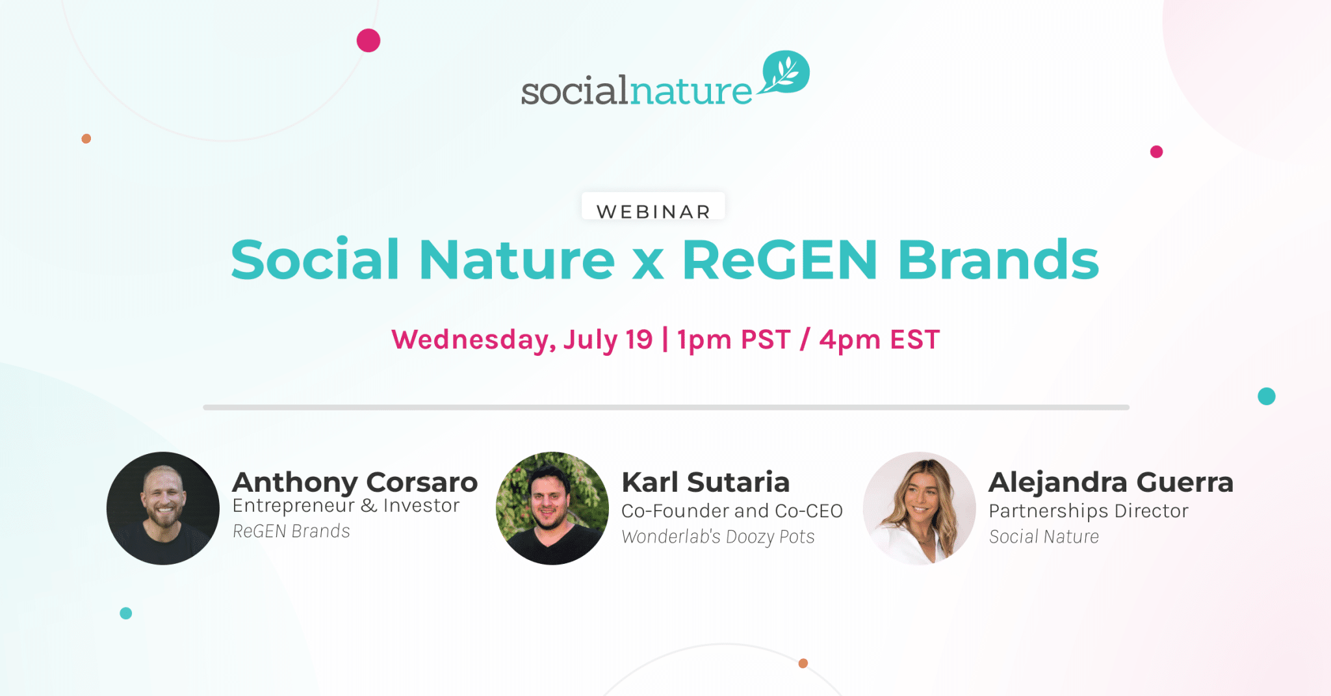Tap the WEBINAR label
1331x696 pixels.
pyautogui.click(x=653, y=211)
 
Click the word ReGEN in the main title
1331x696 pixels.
pyautogui.click(x=780, y=260)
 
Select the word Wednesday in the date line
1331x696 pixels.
pyautogui.click(x=473, y=340)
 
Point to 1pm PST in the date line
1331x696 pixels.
pyautogui.click(x=733, y=340)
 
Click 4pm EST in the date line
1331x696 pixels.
pyautogui.click(x=879, y=340)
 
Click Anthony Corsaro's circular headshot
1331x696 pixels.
pyautogui.click(x=163, y=508)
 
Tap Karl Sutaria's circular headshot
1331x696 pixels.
pyautogui.click(x=552, y=508)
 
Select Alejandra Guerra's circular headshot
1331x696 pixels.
pyautogui.click(x=920, y=508)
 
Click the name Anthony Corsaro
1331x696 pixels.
pyautogui.click(x=355, y=483)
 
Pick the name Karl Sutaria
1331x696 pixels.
pyautogui.click(x=706, y=482)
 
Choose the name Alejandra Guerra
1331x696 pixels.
pyautogui.click(x=1111, y=483)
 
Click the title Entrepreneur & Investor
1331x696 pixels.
pyautogui.click(x=346, y=506)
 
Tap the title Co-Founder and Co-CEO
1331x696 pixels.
pyautogui.click(x=732, y=511)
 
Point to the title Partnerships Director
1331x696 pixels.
pyautogui.click(x=1089, y=512)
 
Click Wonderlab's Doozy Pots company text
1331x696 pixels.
pyautogui.click(x=718, y=537)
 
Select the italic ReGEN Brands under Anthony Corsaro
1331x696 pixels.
pyautogui.click(x=291, y=531)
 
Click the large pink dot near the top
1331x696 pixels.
pyautogui.click(x=368, y=40)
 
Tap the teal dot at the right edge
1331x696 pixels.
pyautogui.click(x=1267, y=396)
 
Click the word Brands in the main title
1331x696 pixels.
pyautogui.click(x=998, y=260)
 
